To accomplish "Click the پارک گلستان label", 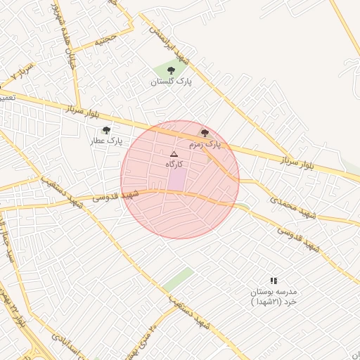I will (x=171, y=82).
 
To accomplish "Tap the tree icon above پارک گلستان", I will (x=171, y=70).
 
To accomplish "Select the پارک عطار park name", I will (x=105, y=141).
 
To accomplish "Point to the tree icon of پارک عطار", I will (x=106, y=130).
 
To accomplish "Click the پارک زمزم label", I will (x=204, y=144).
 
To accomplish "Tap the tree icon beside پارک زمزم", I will (x=205, y=133).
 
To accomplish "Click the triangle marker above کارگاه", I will (x=174, y=153).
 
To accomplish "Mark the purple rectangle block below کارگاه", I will (x=176, y=179).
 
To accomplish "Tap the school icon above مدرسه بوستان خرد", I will (x=274, y=281).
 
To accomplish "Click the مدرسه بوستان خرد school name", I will (x=274, y=296).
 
